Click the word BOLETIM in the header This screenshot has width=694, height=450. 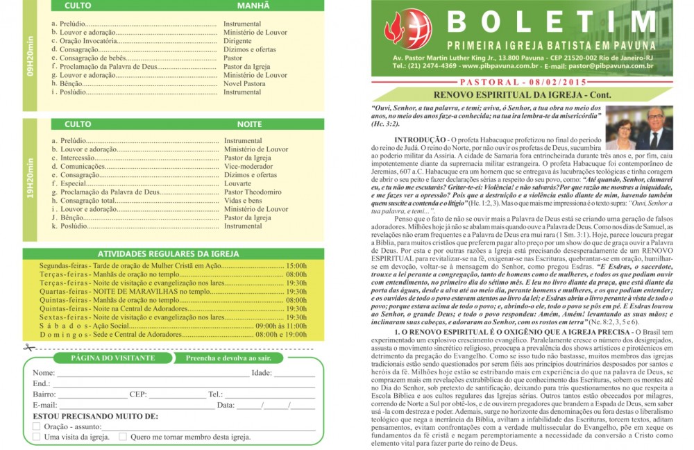tap(551, 22)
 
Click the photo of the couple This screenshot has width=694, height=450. tap(639, 128)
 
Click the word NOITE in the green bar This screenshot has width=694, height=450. tap(249, 124)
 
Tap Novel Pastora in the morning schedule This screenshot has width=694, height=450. tap(244, 83)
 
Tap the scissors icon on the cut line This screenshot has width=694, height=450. tap(28, 347)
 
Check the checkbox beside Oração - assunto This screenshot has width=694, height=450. tap(37, 426)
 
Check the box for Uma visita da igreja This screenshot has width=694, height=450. tap(37, 437)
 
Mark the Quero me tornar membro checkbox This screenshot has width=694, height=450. tap(123, 437)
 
